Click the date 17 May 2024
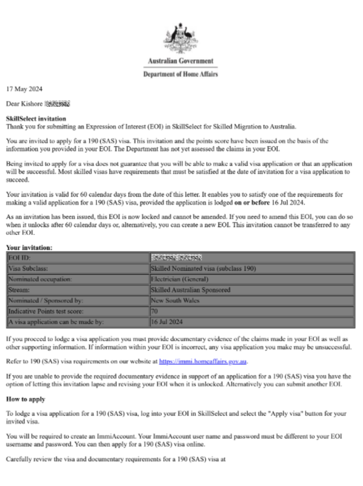[24, 88]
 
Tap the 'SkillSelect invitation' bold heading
[36, 119]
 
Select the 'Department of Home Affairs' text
[181, 74]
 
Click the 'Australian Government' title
[181, 61]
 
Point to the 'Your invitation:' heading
[29, 247]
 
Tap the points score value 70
[154, 311]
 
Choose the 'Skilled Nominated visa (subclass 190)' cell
[203, 268]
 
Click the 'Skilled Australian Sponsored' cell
[190, 290]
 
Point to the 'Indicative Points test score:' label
[46, 311]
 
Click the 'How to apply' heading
[26, 399]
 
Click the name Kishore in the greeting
[32, 103]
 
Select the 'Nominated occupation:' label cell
[40, 279]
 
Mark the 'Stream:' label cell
[19, 290]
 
